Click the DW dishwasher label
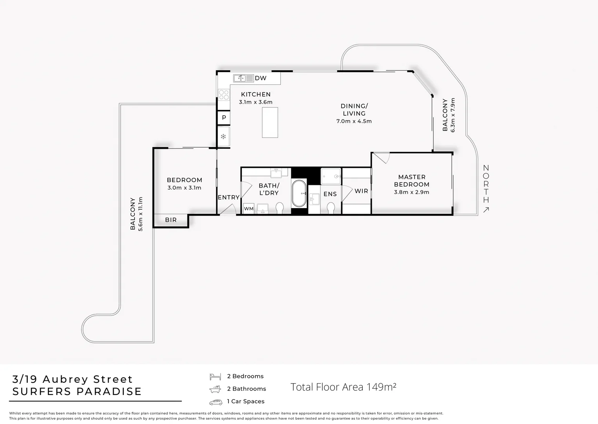[x=260, y=78]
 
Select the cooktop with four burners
[x=224, y=95]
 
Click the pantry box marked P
[x=224, y=117]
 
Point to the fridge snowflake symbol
[x=223, y=137]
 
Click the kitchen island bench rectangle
[x=270, y=122]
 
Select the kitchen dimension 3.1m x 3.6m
[x=256, y=102]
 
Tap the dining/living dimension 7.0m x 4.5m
[x=354, y=121]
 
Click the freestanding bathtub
[x=299, y=193]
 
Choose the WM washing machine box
[x=249, y=208]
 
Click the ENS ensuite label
[x=330, y=194]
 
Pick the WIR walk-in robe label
[x=361, y=191]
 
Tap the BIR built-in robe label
[x=171, y=220]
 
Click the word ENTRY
[x=229, y=197]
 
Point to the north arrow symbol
[x=486, y=210]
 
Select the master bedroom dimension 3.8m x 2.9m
[x=411, y=192]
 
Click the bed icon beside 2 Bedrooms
[x=215, y=376]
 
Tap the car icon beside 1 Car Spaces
[x=215, y=402]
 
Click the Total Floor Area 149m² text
[x=343, y=387]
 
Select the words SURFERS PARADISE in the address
[x=77, y=391]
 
